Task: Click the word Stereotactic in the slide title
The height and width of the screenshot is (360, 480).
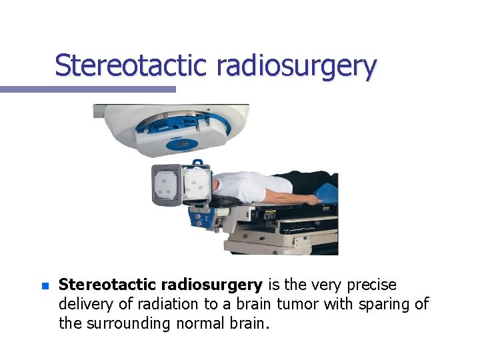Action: pos(131,65)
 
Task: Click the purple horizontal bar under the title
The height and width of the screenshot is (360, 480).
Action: pos(87,89)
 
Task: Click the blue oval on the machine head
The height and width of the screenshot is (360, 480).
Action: pos(179,143)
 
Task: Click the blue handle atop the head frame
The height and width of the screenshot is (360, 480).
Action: pos(198,163)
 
